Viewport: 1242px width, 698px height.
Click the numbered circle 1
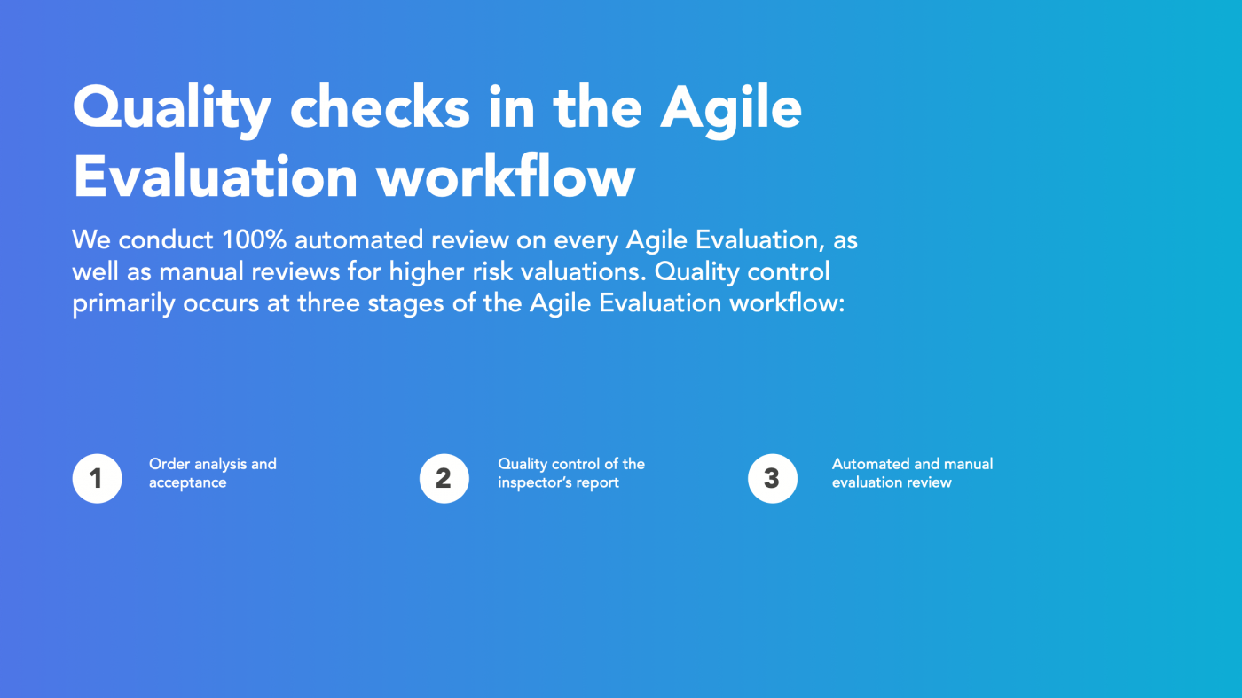(x=97, y=478)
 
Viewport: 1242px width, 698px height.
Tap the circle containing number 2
(x=444, y=478)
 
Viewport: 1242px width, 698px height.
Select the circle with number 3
(x=773, y=478)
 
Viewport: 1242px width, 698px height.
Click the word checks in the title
(x=380, y=107)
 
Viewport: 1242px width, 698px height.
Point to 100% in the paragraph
(x=254, y=240)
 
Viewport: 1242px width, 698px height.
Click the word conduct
(x=166, y=240)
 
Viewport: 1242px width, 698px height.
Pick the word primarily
(x=123, y=304)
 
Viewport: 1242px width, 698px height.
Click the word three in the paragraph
(x=329, y=303)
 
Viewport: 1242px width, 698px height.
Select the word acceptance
(x=187, y=482)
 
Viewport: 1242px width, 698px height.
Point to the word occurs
(x=221, y=304)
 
